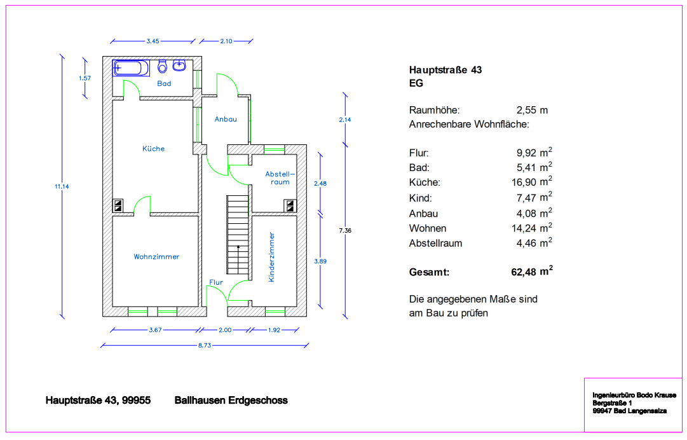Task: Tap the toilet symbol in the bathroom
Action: pyautogui.click(x=163, y=65)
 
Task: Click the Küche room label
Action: pyautogui.click(x=153, y=149)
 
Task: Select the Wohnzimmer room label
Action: pyautogui.click(x=156, y=257)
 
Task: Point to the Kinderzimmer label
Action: pyautogui.click(x=272, y=257)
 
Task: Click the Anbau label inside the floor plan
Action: pyautogui.click(x=226, y=119)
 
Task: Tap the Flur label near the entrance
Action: pyautogui.click(x=215, y=282)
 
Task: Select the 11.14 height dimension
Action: pyautogui.click(x=61, y=186)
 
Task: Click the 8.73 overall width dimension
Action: pyautogui.click(x=204, y=345)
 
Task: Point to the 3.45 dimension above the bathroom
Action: pyautogui.click(x=153, y=41)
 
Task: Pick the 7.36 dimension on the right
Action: pyautogui.click(x=345, y=230)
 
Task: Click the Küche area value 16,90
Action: pyautogui.click(x=533, y=182)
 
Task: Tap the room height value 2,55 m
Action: pyautogui.click(x=533, y=110)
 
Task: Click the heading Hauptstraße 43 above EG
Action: pyautogui.click(x=445, y=70)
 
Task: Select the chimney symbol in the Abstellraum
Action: pyautogui.click(x=290, y=205)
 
